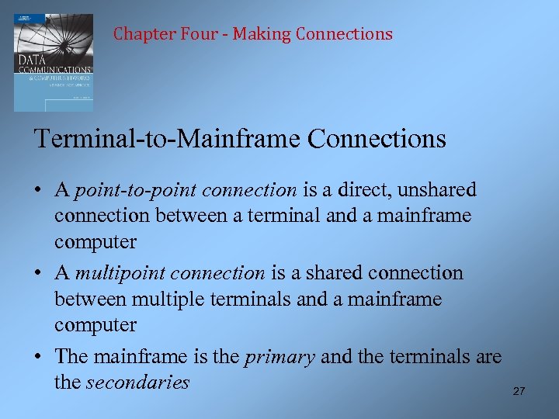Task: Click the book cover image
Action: pos(53,62)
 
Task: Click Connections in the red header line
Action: pos(344,34)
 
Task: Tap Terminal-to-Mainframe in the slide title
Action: pos(168,139)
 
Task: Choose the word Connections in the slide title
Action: pos(377,139)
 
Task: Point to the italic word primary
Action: pos(279,356)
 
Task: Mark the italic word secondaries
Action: pos(137,382)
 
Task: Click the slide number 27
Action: pos(519,391)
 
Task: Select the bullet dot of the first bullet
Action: pos(38,190)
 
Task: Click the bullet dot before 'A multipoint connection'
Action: pos(38,273)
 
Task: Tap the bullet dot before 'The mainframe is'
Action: pos(38,356)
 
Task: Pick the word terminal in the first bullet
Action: pos(283,216)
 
